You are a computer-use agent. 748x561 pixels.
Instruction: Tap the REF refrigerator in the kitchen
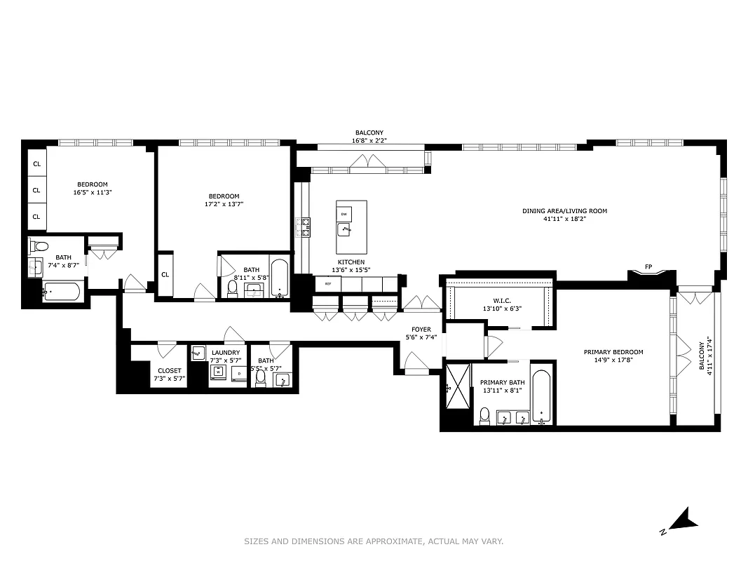(327, 284)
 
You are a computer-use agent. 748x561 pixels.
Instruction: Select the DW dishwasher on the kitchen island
(344, 213)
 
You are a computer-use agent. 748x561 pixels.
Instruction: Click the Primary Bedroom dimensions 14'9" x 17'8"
(613, 361)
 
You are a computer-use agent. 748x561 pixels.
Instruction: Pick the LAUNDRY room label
(226, 353)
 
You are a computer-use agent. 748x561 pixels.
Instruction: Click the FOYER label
(421, 329)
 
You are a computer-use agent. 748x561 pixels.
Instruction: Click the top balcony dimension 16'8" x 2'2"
(369, 141)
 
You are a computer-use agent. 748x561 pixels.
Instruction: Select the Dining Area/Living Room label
(564, 211)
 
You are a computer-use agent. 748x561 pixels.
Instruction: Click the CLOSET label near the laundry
(169, 370)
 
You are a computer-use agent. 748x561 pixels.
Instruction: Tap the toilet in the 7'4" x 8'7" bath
(39, 246)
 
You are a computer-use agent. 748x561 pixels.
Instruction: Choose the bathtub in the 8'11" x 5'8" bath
(279, 278)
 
